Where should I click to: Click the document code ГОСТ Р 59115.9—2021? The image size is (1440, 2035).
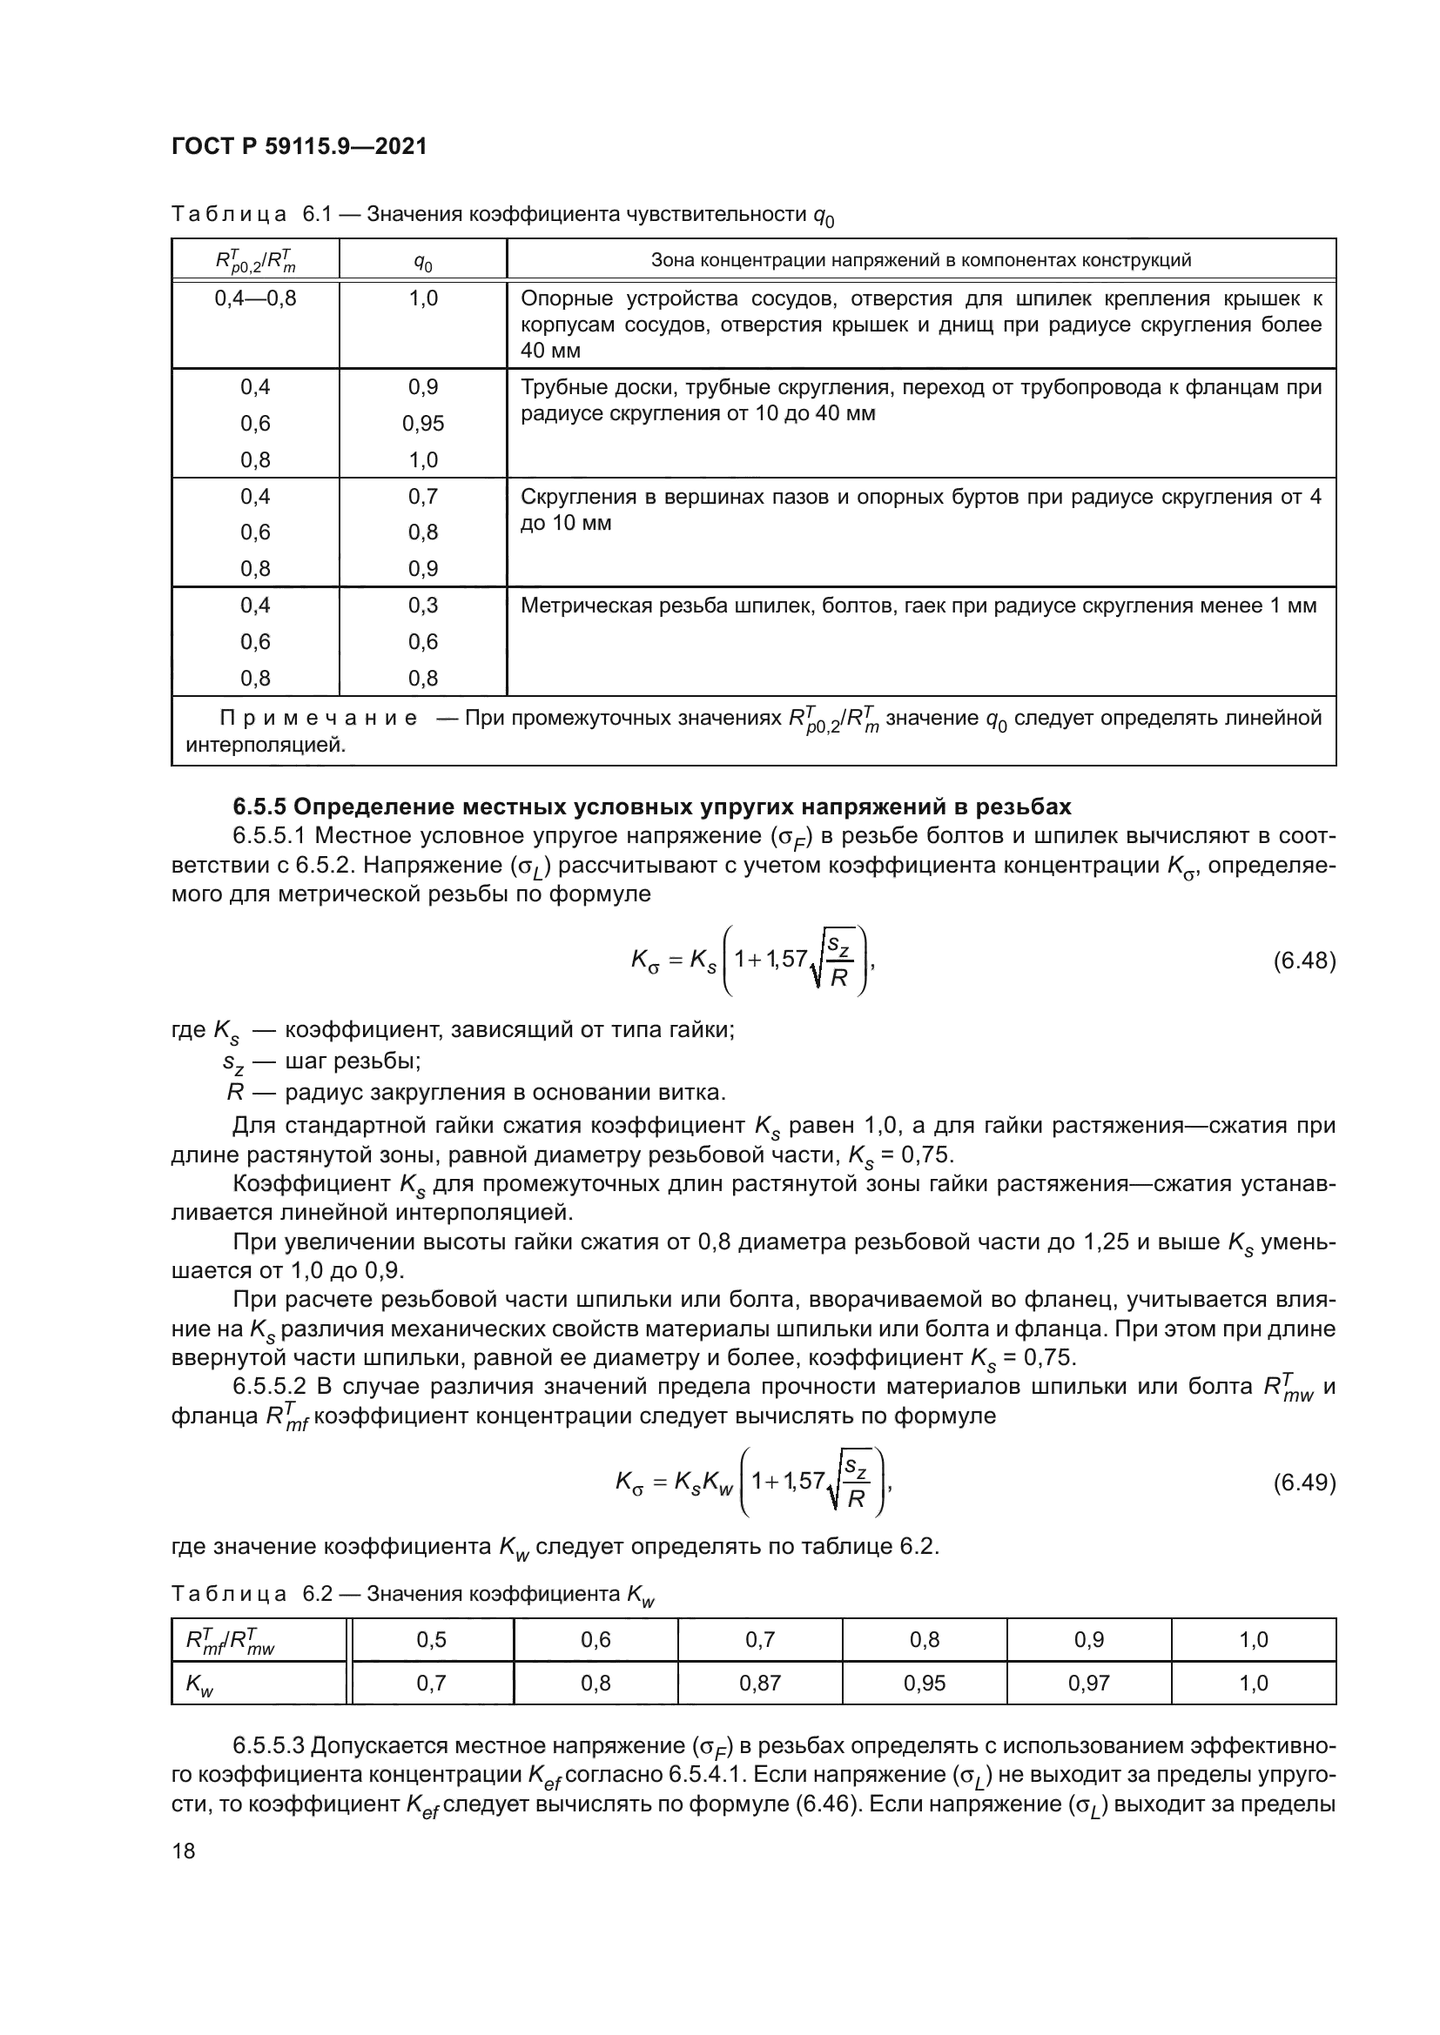(299, 146)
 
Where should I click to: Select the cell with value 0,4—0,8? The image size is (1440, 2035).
(255, 298)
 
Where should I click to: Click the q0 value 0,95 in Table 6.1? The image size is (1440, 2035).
(423, 424)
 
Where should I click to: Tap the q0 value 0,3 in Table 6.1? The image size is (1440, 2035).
(423, 606)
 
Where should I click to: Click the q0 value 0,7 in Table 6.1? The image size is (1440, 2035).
(423, 496)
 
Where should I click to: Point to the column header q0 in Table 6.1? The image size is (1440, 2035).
(423, 263)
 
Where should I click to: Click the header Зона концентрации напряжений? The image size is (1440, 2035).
(920, 261)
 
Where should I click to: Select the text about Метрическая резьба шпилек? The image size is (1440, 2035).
(918, 606)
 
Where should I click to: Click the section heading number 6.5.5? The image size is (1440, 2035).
(259, 807)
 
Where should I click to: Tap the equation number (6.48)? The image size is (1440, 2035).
(1303, 961)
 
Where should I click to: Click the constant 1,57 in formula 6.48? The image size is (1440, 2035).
(787, 958)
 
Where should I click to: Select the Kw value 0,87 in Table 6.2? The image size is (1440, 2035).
(760, 1684)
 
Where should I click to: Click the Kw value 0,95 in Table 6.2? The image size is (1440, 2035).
(924, 1684)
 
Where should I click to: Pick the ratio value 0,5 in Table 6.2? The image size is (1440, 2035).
(431, 1640)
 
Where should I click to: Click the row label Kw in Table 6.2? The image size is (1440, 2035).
(200, 1685)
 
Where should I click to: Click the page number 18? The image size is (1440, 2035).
(184, 1851)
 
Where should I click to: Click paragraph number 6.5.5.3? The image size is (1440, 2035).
(269, 1747)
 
